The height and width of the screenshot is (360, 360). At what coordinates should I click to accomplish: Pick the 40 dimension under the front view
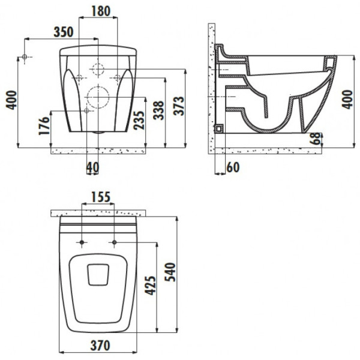(x=92, y=168)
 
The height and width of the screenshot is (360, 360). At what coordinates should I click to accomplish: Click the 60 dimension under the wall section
(x=233, y=168)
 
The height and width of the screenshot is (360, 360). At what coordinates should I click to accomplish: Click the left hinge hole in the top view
(x=81, y=243)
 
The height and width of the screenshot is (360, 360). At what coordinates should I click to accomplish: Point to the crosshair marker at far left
(x=25, y=57)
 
